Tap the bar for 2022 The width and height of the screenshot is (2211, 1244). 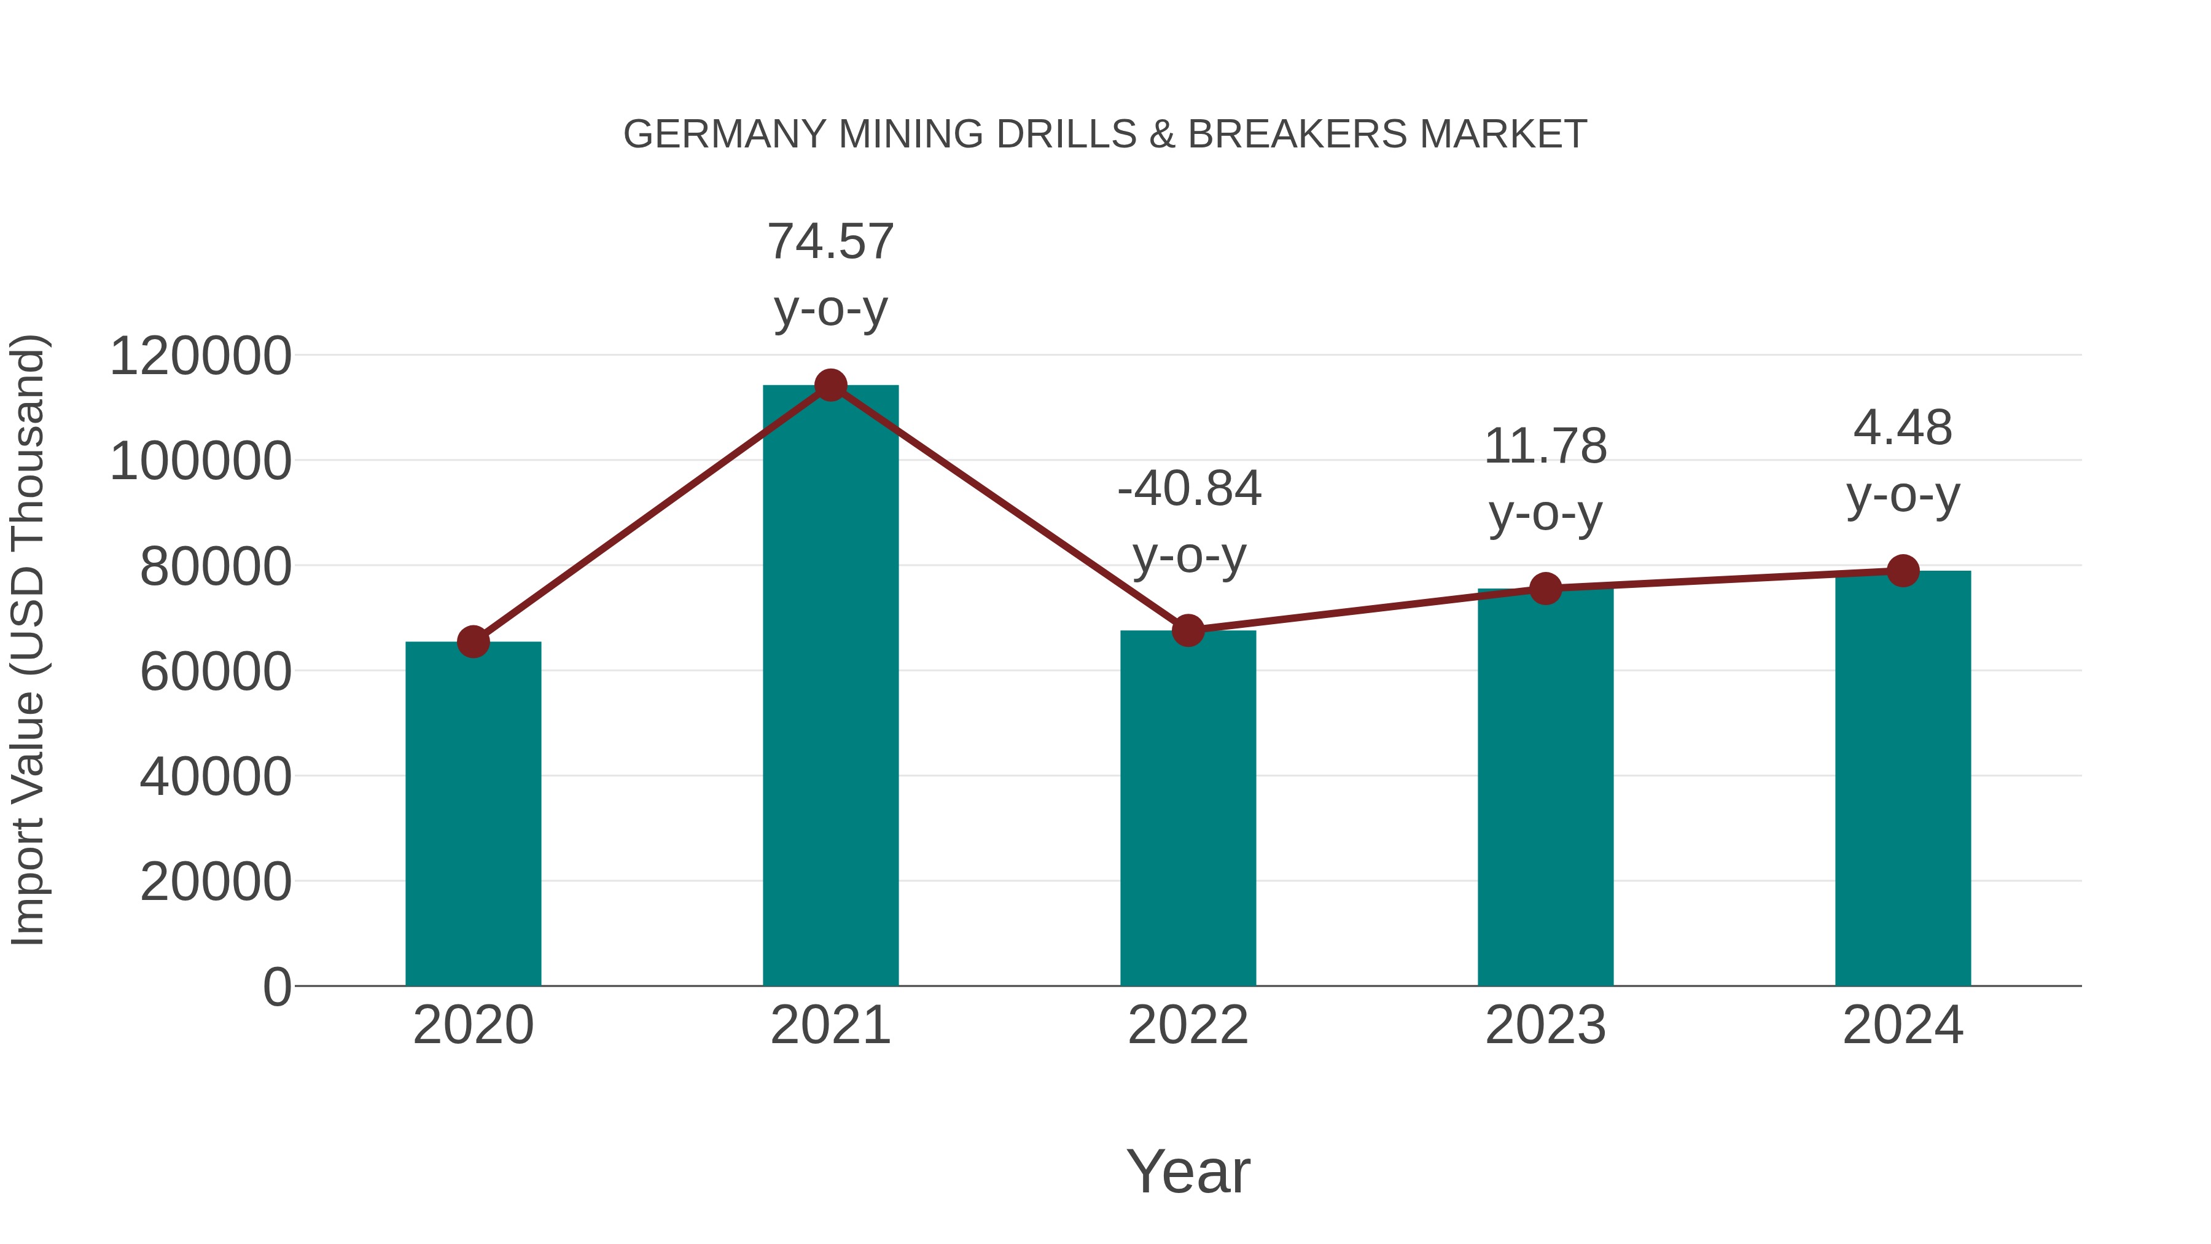point(1188,808)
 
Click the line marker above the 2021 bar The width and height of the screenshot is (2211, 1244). point(830,385)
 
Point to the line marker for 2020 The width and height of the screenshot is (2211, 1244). point(473,641)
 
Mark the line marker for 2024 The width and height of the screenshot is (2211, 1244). point(1903,570)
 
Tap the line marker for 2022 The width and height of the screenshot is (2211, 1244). point(1188,630)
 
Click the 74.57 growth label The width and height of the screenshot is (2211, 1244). point(830,241)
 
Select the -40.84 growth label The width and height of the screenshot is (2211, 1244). point(1189,490)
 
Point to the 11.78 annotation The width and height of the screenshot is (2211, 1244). point(1545,447)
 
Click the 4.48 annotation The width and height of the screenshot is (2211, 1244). point(1903,428)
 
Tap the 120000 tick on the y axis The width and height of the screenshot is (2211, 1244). point(200,356)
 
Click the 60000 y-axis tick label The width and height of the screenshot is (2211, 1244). point(216,671)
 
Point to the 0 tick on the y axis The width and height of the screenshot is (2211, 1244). point(276,987)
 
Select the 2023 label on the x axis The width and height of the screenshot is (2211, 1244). point(1545,1025)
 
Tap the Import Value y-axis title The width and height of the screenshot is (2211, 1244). point(28,640)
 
